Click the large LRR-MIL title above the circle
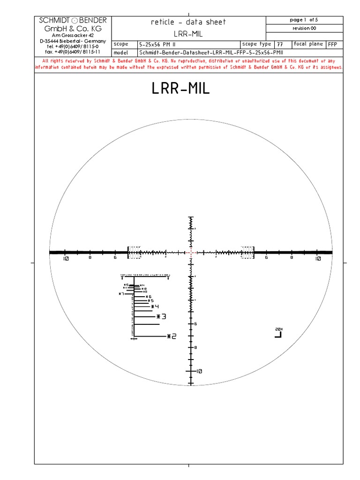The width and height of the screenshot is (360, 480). point(180,89)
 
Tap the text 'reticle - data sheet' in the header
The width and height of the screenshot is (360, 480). point(188,22)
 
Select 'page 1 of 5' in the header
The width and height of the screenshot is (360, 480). point(304,20)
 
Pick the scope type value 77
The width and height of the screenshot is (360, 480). point(280,44)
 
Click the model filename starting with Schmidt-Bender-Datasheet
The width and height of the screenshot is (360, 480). point(208,53)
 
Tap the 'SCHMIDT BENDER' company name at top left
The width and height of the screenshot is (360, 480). point(73,20)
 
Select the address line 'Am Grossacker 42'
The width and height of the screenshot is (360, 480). point(73,35)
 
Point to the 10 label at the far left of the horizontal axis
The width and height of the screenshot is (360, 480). point(65,259)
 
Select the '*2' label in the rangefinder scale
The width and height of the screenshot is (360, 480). point(171,336)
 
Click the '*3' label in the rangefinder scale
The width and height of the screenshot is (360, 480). point(161,316)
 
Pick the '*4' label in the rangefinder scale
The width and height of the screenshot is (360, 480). point(155,307)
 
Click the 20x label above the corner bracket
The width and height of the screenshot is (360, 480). point(279,329)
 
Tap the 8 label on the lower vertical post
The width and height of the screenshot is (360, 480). point(195,347)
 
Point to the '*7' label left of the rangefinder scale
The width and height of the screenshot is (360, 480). point(121,294)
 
